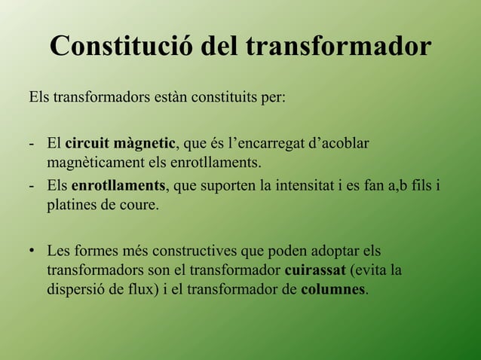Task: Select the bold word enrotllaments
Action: (x=118, y=185)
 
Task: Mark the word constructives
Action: (x=193, y=249)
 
